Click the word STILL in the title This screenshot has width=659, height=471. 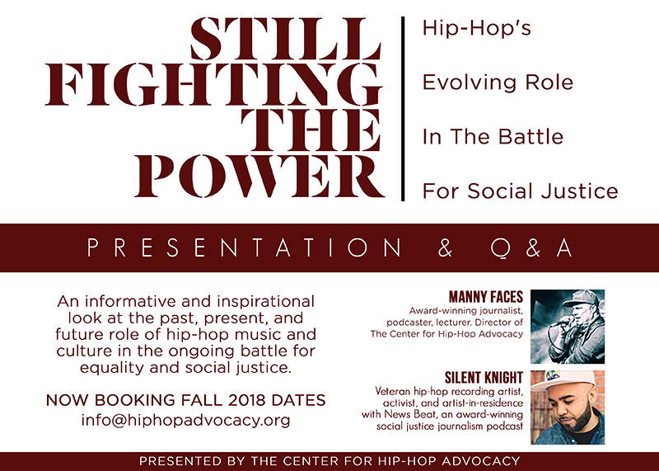[285, 39]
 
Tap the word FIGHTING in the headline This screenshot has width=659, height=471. [213, 85]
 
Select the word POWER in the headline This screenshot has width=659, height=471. [259, 176]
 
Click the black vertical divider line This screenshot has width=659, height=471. [403, 109]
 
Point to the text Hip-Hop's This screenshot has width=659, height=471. [477, 28]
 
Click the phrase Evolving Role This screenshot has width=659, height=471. [498, 82]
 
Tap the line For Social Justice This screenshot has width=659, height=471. [520, 191]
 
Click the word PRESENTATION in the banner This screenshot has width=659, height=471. [244, 247]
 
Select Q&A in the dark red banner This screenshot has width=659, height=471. [531, 248]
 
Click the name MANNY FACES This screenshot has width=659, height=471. [486, 297]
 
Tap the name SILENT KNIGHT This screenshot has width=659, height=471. [484, 378]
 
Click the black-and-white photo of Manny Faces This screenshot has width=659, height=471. [568, 327]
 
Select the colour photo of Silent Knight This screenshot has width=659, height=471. [568, 407]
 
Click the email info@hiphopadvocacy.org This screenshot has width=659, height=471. [186, 420]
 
